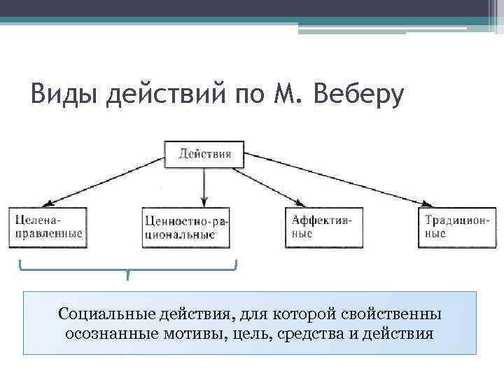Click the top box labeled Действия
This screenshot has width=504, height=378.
point(204,154)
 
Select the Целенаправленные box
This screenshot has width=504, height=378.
point(48,227)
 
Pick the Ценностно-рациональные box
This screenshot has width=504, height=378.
point(186,227)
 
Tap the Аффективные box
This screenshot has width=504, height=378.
point(324,227)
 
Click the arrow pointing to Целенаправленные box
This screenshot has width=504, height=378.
point(98,182)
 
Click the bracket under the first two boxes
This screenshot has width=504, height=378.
point(128,268)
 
